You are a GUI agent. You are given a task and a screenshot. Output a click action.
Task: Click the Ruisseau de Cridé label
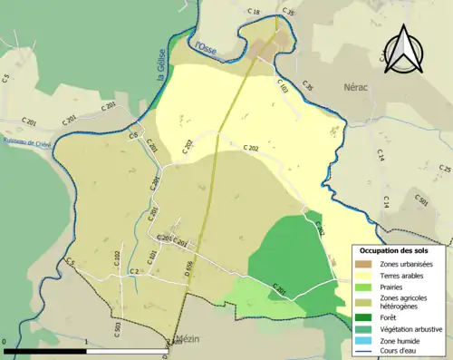pyautogui.click(x=28, y=143)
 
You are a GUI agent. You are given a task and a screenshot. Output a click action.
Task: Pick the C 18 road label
pyautogui.click(x=254, y=13)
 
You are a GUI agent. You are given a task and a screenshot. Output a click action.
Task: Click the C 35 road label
pyautogui.click(x=288, y=12)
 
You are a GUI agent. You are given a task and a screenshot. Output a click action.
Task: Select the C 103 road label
pyautogui.click(x=282, y=88)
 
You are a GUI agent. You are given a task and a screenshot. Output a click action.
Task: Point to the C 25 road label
pyautogui.click(x=444, y=170)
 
